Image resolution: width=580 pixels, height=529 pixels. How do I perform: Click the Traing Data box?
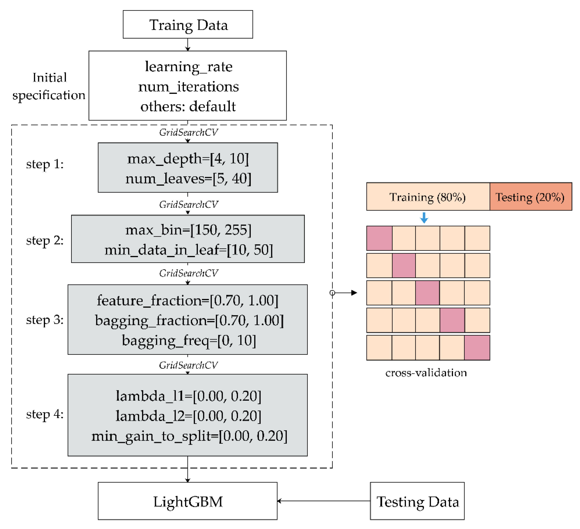tap(188, 24)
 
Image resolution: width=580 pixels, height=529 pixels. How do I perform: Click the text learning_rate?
tap(189, 67)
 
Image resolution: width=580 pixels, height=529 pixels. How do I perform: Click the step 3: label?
tap(45, 320)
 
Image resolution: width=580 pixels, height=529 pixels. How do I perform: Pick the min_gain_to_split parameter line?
tap(189, 436)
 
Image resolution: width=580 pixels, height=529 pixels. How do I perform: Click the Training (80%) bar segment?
tap(427, 197)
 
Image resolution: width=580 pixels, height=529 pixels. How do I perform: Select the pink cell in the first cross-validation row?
tap(379, 238)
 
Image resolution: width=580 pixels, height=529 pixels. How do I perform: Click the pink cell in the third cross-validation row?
tap(427, 293)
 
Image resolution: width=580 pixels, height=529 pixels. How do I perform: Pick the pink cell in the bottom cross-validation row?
tap(477, 348)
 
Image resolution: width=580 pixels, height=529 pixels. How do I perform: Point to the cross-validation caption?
tap(426, 373)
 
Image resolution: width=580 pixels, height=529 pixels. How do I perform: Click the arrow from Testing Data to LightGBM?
tap(322, 501)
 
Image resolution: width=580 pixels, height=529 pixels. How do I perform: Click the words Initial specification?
tap(49, 86)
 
